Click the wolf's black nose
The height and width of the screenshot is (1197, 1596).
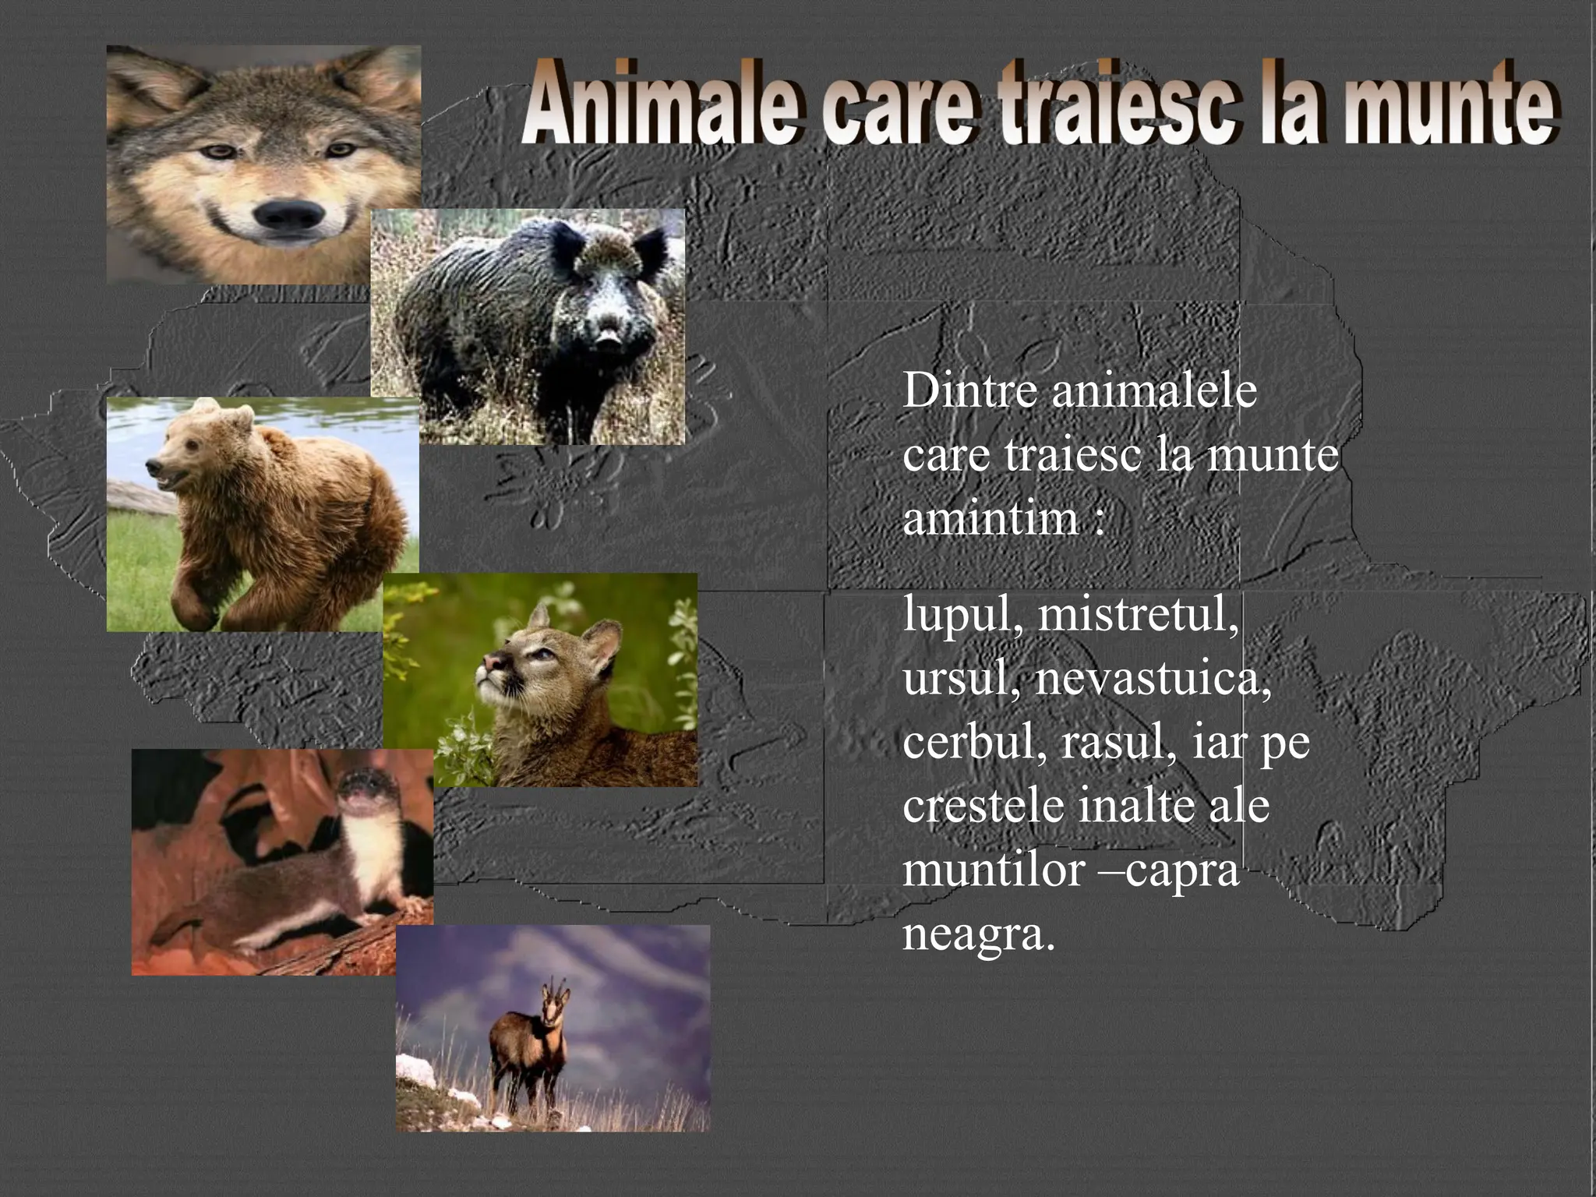(289, 216)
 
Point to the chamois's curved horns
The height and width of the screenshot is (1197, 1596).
(555, 988)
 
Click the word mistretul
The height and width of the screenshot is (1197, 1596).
(1138, 616)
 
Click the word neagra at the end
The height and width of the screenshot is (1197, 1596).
(978, 934)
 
